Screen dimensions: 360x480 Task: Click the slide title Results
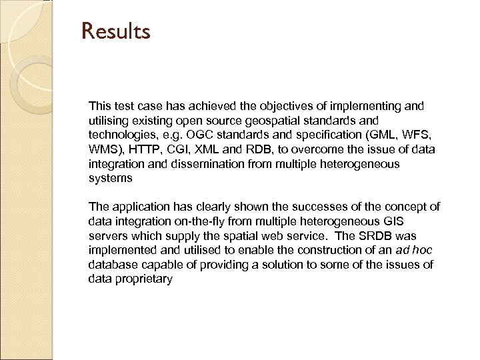coord(117,31)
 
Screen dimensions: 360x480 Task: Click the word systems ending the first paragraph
coord(110,179)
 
